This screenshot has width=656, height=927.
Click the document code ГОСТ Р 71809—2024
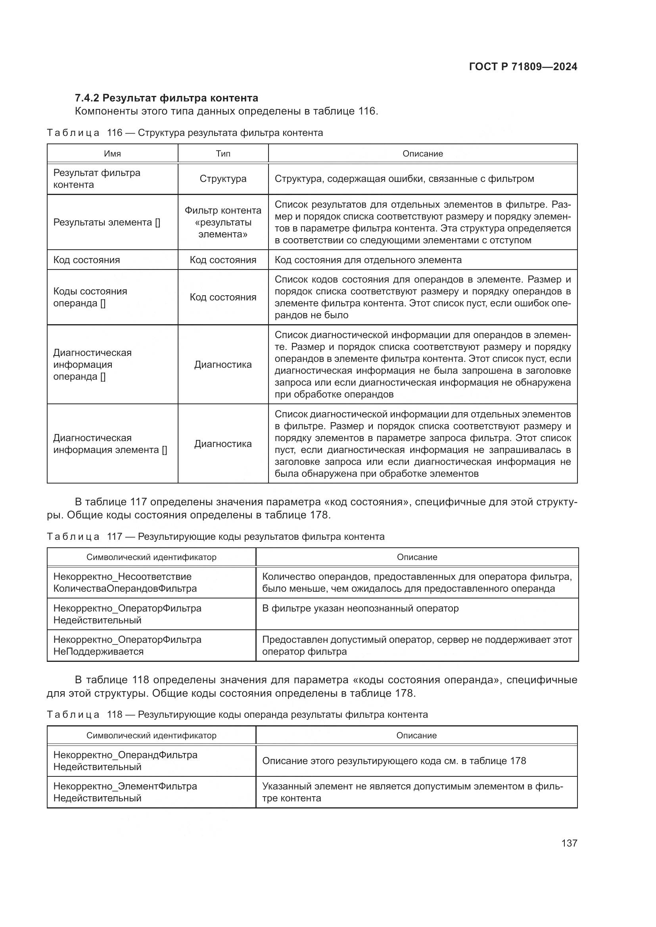click(x=523, y=67)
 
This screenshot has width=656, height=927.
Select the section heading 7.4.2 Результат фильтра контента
click(x=167, y=98)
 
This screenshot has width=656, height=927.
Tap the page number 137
click(x=569, y=843)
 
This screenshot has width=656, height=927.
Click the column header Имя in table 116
click(x=112, y=154)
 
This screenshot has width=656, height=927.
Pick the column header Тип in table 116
click(x=223, y=154)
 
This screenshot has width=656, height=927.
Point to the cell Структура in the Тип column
click(x=223, y=179)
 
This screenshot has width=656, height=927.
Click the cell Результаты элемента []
click(x=107, y=222)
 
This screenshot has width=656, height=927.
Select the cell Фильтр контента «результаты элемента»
click(x=223, y=222)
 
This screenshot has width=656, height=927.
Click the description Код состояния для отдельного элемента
click(x=368, y=260)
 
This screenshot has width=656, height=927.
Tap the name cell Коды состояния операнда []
click(x=90, y=297)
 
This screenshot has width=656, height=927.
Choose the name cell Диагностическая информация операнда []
click(x=92, y=365)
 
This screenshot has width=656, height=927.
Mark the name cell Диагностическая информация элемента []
click(x=110, y=444)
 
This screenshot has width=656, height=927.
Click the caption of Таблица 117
click(x=216, y=537)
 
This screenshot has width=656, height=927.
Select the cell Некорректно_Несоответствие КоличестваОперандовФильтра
click(x=125, y=583)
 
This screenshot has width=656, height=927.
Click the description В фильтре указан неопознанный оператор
click(x=360, y=608)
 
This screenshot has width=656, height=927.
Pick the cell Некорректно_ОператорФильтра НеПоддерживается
click(x=127, y=646)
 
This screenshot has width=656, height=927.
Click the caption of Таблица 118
click(x=237, y=715)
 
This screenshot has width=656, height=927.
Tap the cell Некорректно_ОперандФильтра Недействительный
click(x=125, y=761)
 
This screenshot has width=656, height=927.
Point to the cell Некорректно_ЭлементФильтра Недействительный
click(x=125, y=792)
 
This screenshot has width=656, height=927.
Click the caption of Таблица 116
click(x=185, y=133)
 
